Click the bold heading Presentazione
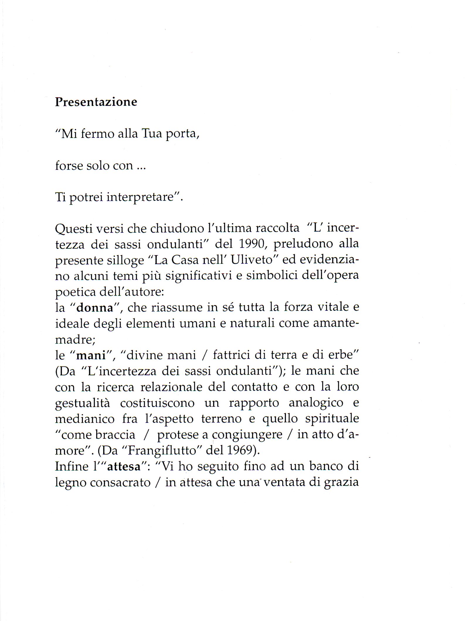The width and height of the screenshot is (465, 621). pyautogui.click(x=96, y=102)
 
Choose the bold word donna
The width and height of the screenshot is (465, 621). pyautogui.click(x=95, y=308)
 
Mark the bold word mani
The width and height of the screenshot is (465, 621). pyautogui.click(x=91, y=355)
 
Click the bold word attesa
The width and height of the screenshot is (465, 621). pyautogui.click(x=124, y=466)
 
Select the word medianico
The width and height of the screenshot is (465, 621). pyautogui.click(x=85, y=419)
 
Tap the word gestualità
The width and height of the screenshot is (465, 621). pyautogui.click(x=83, y=403)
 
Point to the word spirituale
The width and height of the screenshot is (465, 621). pyautogui.click(x=332, y=419)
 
